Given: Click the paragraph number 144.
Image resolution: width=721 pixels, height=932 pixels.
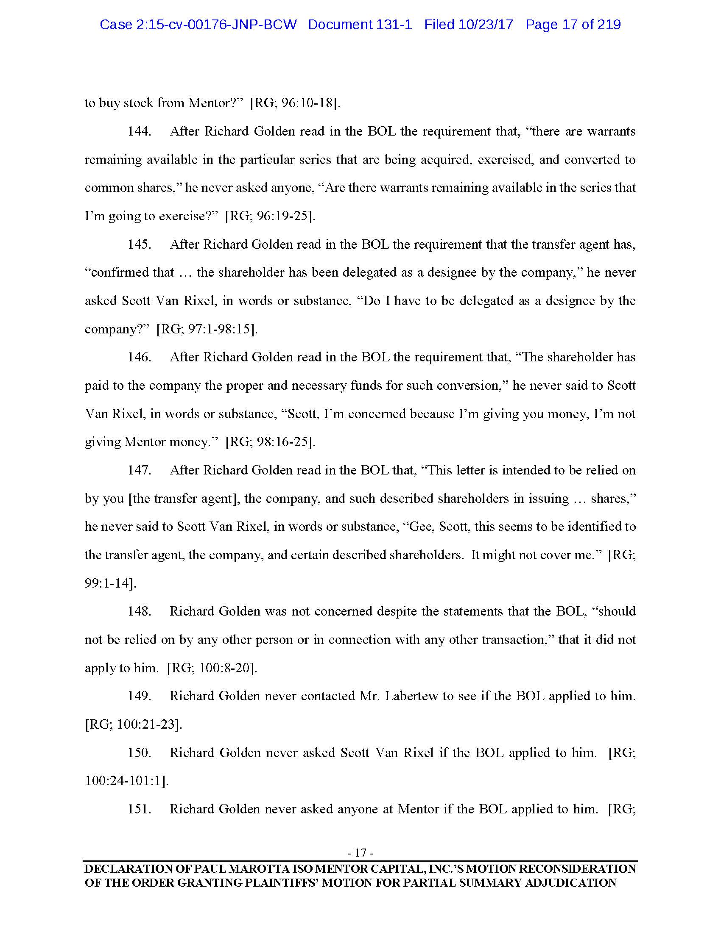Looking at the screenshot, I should pyautogui.click(x=140, y=131).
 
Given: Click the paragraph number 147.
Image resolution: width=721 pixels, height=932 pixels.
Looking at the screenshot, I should pyautogui.click(x=140, y=470).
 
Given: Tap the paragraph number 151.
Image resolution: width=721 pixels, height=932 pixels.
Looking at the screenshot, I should pyautogui.click(x=140, y=809).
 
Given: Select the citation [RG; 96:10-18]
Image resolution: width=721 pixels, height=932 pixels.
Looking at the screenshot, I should pyautogui.click(x=295, y=103).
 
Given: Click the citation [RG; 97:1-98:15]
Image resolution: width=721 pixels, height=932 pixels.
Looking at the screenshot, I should pyautogui.click(x=207, y=329).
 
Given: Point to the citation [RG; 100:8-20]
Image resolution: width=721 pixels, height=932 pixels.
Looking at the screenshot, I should pyautogui.click(x=212, y=668).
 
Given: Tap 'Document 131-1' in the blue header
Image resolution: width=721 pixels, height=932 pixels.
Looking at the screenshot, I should pyautogui.click(x=360, y=25).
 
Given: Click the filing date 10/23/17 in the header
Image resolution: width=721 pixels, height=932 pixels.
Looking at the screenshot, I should pyautogui.click(x=485, y=25).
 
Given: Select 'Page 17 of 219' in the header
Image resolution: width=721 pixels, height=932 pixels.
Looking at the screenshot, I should pyautogui.click(x=573, y=25).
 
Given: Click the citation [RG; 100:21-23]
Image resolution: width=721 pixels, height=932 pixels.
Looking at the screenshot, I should pyautogui.click(x=134, y=724).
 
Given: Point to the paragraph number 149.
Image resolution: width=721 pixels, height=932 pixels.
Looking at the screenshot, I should pyautogui.click(x=140, y=696).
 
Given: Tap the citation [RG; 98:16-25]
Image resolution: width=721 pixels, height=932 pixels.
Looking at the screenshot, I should pyautogui.click(x=271, y=442).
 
